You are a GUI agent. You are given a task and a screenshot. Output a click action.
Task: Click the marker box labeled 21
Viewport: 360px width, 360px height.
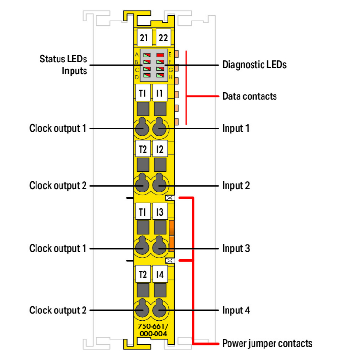point(143,37)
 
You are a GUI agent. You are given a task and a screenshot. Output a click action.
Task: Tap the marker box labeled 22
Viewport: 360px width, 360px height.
point(160,37)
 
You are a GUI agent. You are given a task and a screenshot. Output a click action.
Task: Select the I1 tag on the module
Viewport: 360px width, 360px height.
point(160,93)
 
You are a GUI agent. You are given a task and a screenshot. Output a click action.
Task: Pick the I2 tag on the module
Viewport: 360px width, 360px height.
point(160,149)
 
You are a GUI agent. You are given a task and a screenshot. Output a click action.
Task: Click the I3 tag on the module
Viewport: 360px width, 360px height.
point(160,212)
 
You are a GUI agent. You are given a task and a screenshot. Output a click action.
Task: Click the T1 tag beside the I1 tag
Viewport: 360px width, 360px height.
point(143,93)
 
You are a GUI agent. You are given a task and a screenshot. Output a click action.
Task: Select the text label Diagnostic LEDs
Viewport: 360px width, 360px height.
point(254,65)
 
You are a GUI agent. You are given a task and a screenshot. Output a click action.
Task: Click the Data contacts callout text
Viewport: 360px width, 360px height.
point(249,96)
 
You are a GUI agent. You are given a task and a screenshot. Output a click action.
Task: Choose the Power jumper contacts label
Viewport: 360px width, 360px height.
point(267,343)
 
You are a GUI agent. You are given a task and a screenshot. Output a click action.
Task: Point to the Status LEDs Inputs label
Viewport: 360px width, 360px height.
point(63,65)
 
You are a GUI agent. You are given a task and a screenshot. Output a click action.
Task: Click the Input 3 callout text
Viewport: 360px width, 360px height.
point(236,249)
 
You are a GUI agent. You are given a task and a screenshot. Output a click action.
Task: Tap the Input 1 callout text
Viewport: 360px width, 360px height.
point(236,128)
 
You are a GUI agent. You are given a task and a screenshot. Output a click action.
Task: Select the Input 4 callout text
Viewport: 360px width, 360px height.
point(236,310)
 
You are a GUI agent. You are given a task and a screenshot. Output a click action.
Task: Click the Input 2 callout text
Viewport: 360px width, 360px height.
point(236,185)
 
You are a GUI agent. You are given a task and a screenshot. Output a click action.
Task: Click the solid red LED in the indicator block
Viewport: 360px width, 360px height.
point(160,55)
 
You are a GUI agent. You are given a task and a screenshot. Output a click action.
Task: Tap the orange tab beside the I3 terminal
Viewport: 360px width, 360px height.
point(171,236)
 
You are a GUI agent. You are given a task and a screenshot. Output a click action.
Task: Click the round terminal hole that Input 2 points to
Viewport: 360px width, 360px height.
point(160,184)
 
